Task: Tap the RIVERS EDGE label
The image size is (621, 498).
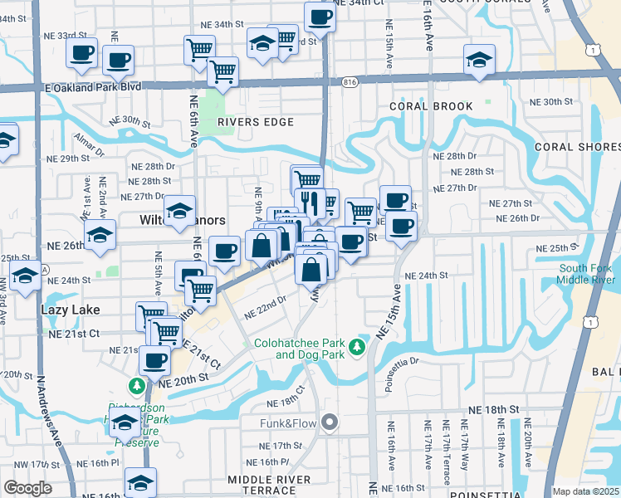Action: pyautogui.click(x=256, y=122)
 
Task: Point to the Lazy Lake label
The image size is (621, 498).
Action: pyautogui.click(x=71, y=310)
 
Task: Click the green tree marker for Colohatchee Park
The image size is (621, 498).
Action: pyautogui.click(x=357, y=345)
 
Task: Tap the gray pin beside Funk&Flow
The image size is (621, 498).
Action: pyautogui.click(x=330, y=423)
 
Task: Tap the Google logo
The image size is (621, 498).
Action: pyautogui.click(x=27, y=488)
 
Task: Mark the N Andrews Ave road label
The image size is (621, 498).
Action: pyautogui.click(x=48, y=408)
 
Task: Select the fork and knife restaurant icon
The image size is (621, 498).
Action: pyautogui.click(x=310, y=202)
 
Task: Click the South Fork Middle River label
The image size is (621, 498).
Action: pyautogui.click(x=586, y=274)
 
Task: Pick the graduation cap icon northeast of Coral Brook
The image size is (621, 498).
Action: pyautogui.click(x=479, y=61)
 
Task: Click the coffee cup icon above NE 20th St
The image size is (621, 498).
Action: pyautogui.click(x=154, y=360)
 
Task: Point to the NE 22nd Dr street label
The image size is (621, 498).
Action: pyautogui.click(x=266, y=309)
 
